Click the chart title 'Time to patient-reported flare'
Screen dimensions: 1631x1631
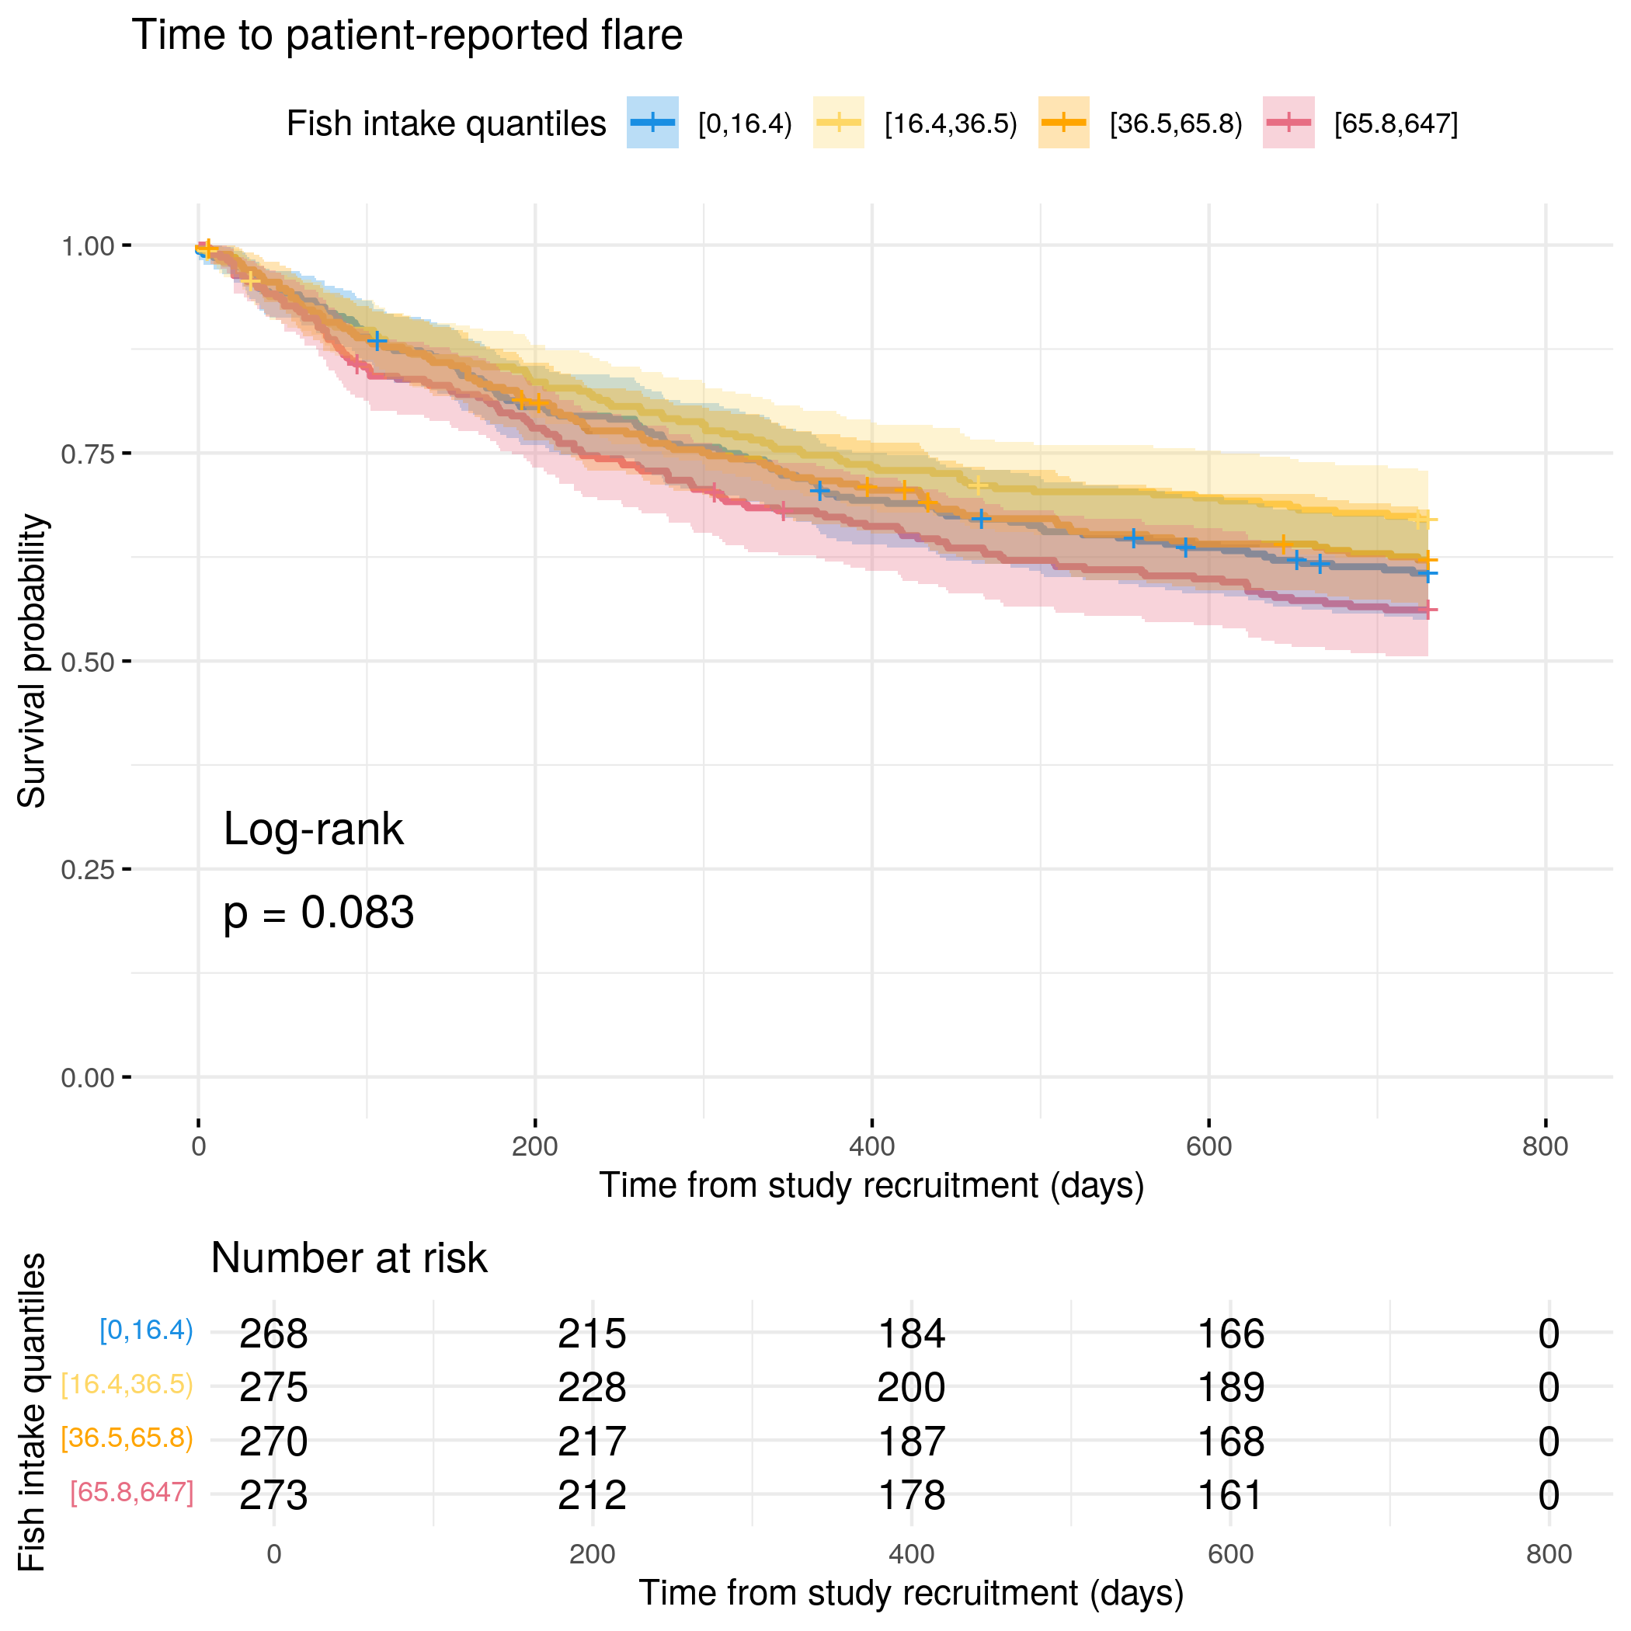[407, 36]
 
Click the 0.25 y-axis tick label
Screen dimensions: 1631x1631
[87, 870]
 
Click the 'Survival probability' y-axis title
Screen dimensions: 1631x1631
[32, 661]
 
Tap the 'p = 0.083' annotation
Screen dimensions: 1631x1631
[318, 913]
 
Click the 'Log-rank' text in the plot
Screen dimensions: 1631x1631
[313, 829]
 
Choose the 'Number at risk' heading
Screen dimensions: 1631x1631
[349, 1258]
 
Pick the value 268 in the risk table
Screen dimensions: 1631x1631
[273, 1334]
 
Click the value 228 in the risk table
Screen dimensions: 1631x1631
[592, 1387]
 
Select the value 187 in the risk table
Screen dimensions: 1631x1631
[911, 1441]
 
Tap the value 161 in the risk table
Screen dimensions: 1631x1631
[1230, 1495]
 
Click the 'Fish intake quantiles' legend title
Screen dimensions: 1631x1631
[446, 123]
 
